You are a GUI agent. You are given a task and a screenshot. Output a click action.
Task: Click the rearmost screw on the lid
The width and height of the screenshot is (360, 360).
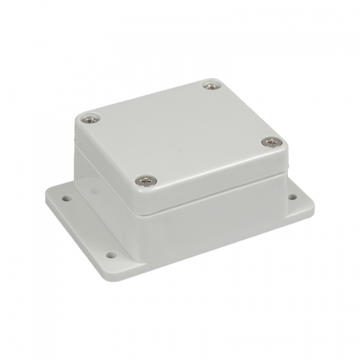click(210, 86)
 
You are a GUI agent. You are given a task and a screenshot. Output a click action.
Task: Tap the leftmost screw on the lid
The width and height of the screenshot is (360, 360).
click(90, 119)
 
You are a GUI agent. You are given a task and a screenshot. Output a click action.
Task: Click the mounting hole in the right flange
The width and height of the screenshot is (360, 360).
click(292, 197)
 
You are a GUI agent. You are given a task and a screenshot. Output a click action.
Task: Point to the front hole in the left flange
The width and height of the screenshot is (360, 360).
click(110, 254)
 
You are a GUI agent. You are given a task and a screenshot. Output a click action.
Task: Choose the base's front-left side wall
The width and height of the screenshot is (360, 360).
click(108, 194)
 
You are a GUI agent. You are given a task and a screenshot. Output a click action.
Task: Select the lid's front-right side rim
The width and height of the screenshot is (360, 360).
click(216, 184)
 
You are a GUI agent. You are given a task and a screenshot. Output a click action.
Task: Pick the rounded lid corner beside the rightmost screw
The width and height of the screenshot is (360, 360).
click(282, 148)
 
